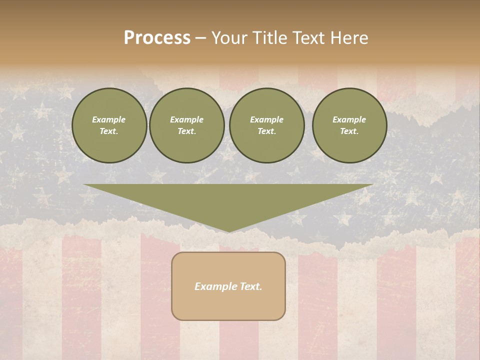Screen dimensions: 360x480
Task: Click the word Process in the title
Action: [157, 38]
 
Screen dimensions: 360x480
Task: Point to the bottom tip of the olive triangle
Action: [228, 231]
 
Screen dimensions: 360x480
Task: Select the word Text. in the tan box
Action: [250, 286]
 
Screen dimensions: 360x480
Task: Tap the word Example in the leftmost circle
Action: [109, 119]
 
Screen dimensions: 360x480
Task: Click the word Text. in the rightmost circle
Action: [349, 131]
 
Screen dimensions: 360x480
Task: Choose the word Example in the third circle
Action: [267, 119]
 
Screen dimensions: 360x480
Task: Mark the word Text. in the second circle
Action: [187, 131]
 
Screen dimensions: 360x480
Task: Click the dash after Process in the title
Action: [201, 38]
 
